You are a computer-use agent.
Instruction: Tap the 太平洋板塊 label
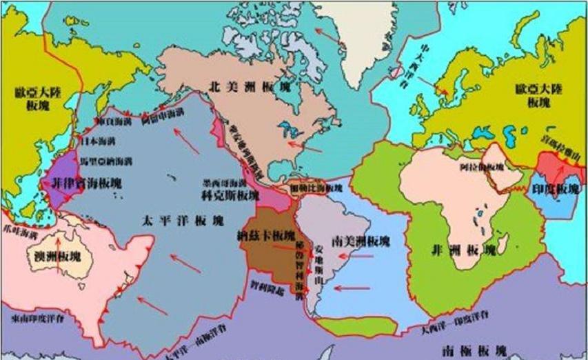[x=182, y=221]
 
